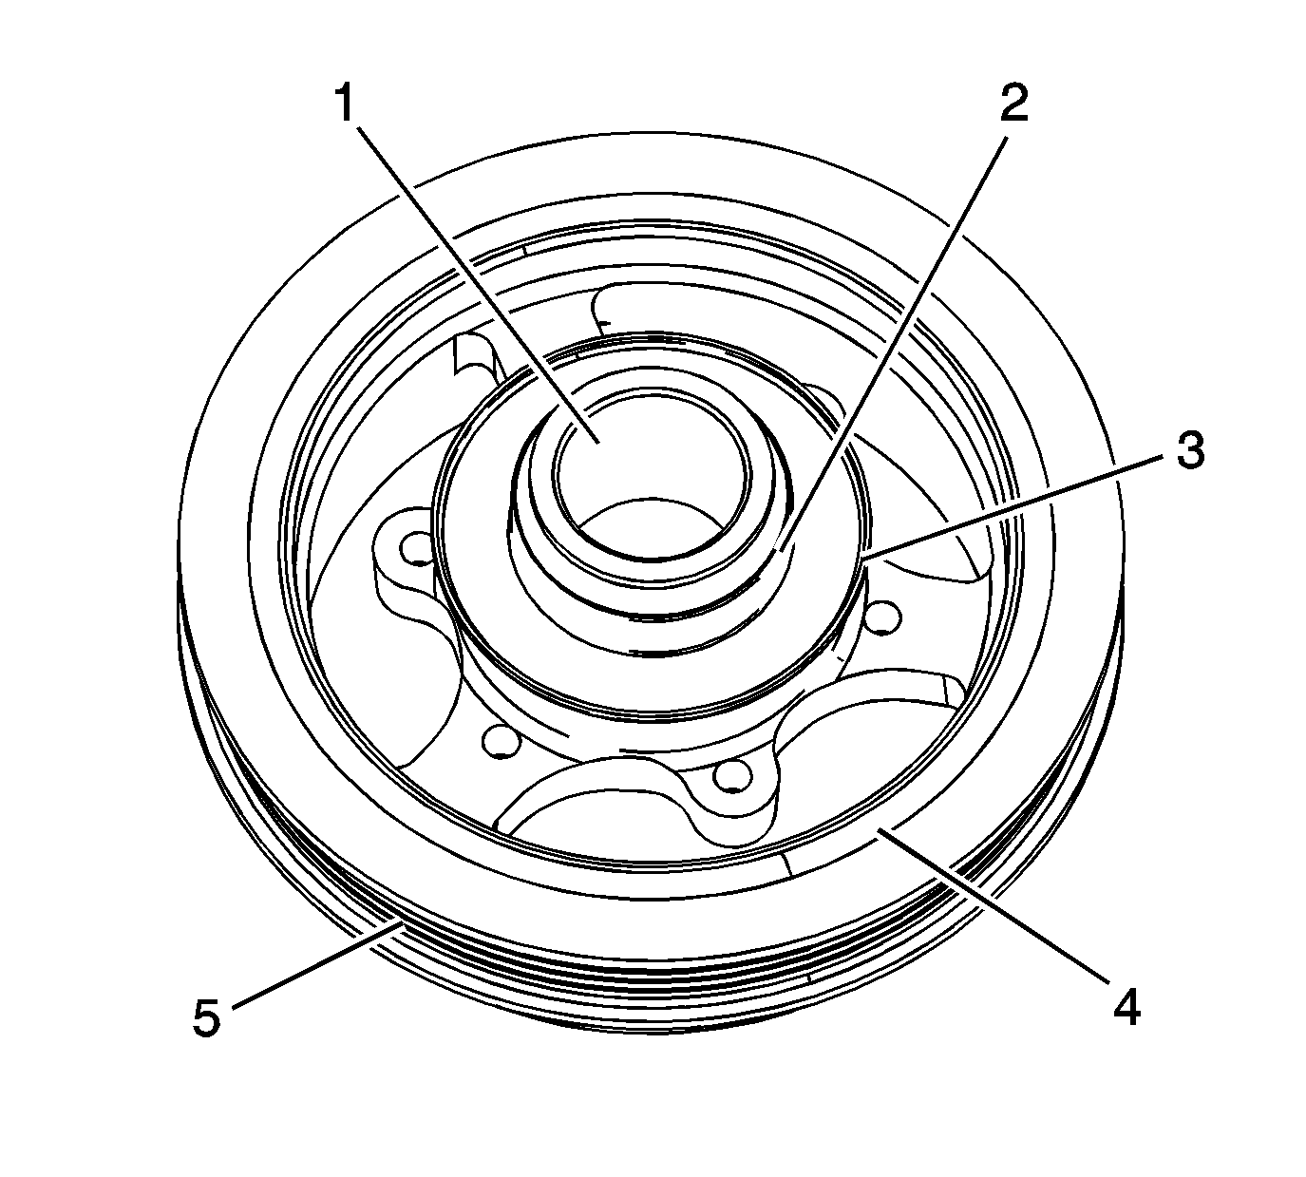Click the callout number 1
[346, 104]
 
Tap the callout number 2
[1013, 104]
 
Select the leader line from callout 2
[893, 334]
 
